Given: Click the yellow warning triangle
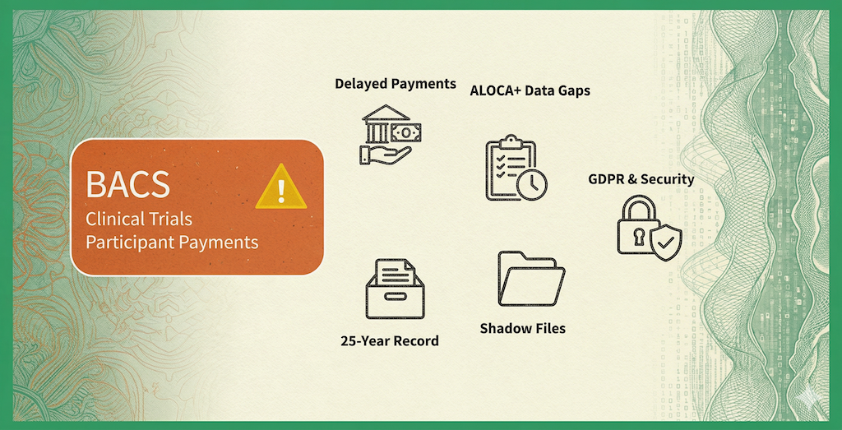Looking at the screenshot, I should click(x=281, y=187).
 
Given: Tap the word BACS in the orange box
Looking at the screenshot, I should click(x=128, y=184).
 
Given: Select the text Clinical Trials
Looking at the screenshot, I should click(x=139, y=220).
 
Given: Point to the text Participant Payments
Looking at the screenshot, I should click(x=172, y=243).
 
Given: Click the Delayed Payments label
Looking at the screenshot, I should click(x=395, y=83).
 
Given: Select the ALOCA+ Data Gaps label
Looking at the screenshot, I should click(x=529, y=90).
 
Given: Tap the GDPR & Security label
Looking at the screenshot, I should click(x=641, y=178).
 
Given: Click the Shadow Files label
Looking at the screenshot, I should click(x=522, y=328).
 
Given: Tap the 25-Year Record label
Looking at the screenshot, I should click(x=390, y=340).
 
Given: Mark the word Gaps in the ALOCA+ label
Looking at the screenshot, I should click(x=571, y=90).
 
